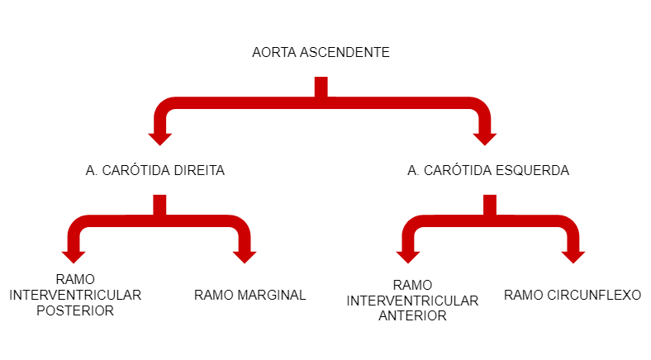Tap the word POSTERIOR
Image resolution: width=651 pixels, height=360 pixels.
coord(75,311)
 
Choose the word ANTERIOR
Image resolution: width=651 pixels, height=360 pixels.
coord(412,315)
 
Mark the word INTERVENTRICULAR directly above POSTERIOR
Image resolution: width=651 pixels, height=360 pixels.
coord(75,295)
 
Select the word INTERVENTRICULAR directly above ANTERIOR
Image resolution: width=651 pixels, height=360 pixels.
coord(412,301)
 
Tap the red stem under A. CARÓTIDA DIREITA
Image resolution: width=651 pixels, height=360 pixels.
coord(159,206)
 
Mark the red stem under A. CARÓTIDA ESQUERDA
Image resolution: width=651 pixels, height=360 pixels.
coord(490,206)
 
